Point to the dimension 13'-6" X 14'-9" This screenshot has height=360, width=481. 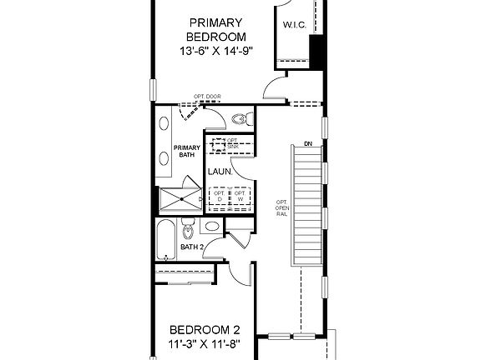(216, 51)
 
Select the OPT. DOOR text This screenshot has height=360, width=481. (207, 97)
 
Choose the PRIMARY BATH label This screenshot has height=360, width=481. (186, 152)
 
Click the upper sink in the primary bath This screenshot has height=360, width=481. (164, 123)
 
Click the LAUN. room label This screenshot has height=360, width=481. (219, 172)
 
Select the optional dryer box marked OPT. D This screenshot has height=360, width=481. (220, 197)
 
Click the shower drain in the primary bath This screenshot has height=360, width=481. (178, 199)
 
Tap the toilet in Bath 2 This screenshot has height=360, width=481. (189, 230)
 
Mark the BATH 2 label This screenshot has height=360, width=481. (192, 247)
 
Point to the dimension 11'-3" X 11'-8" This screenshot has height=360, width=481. (205, 343)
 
